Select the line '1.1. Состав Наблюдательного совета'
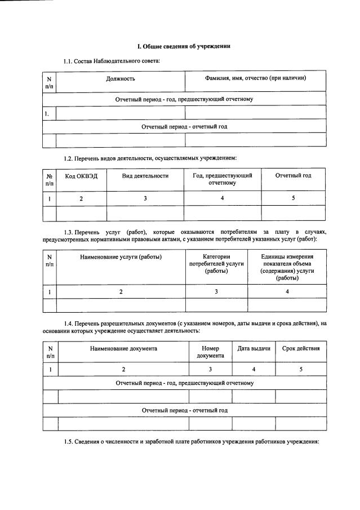[x=112, y=60]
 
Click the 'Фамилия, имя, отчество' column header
[x=255, y=78]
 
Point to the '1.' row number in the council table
[x=47, y=113]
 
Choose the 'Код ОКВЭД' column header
[x=81, y=176]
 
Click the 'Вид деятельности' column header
[x=145, y=176]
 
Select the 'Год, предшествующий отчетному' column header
[x=222, y=179]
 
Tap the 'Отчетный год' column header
[x=293, y=176]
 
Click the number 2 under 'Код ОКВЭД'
[x=81, y=198]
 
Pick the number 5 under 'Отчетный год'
[x=293, y=198]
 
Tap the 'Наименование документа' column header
[x=123, y=348]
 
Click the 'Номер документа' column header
[x=210, y=352]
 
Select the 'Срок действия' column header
[x=300, y=348]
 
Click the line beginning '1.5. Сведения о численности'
[x=192, y=442]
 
